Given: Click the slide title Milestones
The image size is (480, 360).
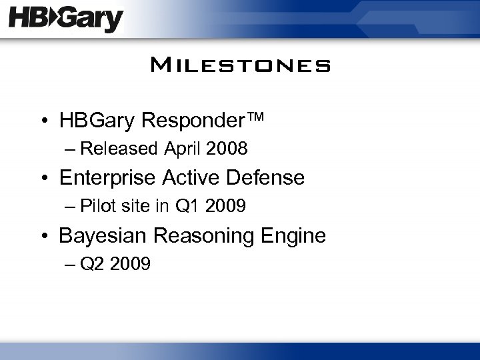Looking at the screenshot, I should click(240, 66).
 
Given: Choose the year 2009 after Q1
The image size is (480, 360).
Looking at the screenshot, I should click(226, 207).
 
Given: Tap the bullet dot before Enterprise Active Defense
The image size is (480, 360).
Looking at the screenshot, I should click(44, 179).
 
